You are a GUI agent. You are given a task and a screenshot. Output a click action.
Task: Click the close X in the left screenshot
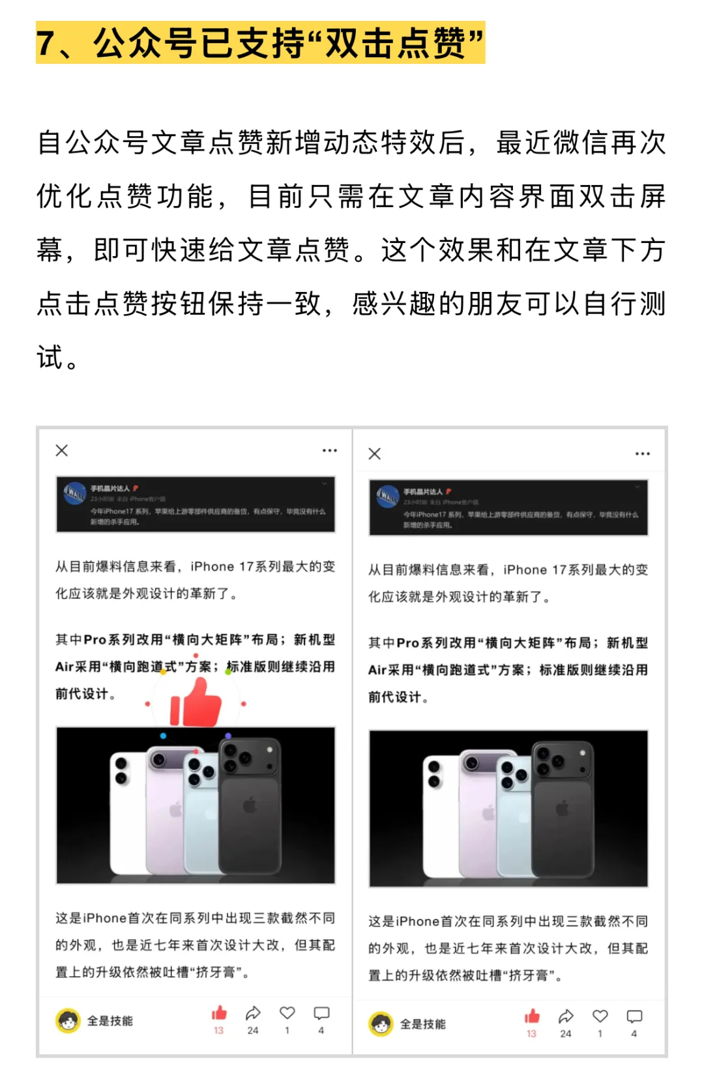point(62,450)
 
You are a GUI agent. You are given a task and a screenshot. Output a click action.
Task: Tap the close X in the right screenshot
point(375,454)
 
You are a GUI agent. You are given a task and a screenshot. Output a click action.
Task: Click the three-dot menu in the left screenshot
point(330,450)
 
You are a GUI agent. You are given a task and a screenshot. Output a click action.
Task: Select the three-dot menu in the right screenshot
point(643,454)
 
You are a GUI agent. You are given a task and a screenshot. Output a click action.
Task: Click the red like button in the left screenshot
point(219,1013)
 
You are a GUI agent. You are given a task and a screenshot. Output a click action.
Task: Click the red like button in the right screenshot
point(532,1017)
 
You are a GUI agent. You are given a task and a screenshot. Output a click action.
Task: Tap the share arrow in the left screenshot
point(253,1013)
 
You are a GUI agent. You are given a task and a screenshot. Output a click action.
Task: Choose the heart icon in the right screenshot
point(600,1017)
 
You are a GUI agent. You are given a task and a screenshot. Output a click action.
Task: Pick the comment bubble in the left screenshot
point(321,1013)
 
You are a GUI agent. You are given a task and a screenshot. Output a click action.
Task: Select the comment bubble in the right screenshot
point(634,1017)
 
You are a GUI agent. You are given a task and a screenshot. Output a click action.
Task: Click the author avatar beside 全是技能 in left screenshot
point(68,1021)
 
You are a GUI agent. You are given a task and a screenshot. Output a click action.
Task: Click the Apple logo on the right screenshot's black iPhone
point(563,809)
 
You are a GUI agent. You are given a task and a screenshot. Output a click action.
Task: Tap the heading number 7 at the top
point(46,43)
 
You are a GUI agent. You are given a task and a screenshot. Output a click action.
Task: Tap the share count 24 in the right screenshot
point(566,1033)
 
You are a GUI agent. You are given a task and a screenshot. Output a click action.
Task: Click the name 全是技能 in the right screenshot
point(423,1024)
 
